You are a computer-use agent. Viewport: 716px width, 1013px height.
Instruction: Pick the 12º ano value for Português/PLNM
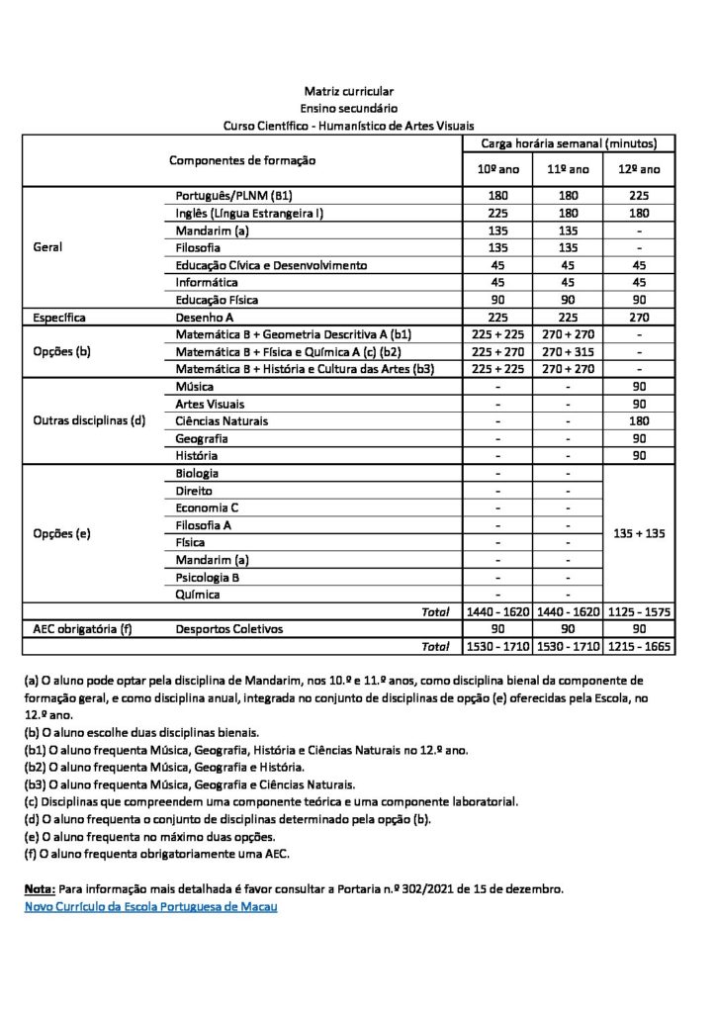[x=639, y=194]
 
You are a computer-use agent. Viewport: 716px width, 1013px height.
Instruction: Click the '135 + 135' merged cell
[x=639, y=532]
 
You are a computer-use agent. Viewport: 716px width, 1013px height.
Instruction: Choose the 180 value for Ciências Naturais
[x=639, y=420]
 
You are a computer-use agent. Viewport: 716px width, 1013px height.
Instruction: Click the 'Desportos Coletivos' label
[x=228, y=628]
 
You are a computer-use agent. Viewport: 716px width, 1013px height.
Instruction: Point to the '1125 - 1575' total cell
[x=639, y=611]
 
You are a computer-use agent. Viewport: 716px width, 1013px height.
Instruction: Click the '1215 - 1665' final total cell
[x=639, y=645]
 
